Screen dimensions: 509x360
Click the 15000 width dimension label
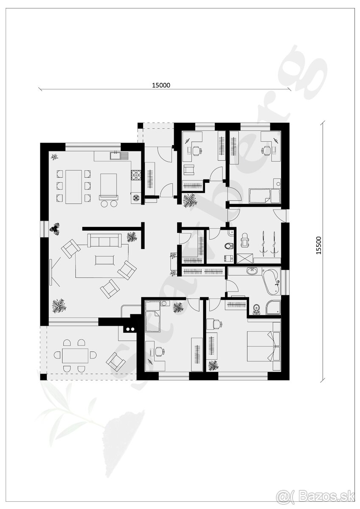click(161, 85)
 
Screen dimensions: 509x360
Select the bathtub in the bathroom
click(270, 281)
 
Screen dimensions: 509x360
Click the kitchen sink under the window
click(115, 156)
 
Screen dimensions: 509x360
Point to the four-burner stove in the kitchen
click(136, 175)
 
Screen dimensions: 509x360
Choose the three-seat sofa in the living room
click(104, 241)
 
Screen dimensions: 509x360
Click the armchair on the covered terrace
click(115, 361)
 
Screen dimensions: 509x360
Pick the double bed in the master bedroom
click(263, 346)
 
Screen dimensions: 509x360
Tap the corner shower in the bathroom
click(273, 308)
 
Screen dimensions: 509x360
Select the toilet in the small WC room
click(229, 246)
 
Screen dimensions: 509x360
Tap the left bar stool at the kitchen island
click(104, 204)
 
